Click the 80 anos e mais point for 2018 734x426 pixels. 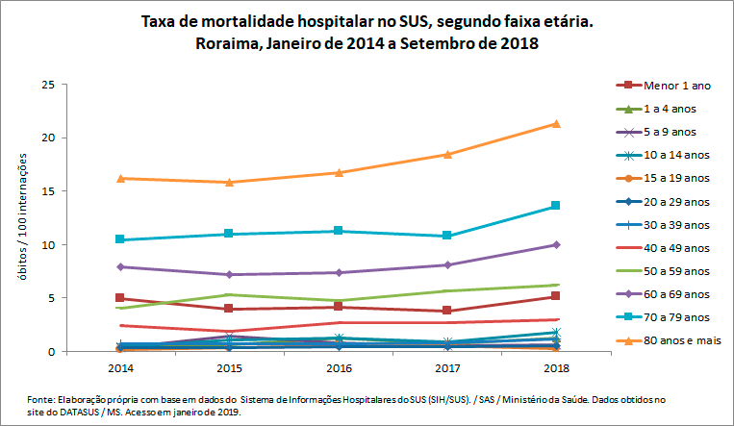point(556,123)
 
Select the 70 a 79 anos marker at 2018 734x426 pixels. point(556,206)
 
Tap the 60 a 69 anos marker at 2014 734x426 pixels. point(119,266)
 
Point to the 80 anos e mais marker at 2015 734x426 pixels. point(228,182)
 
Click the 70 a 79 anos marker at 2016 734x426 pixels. point(338,231)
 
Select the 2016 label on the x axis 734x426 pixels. point(338,367)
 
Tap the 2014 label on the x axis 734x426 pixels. point(119,367)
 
